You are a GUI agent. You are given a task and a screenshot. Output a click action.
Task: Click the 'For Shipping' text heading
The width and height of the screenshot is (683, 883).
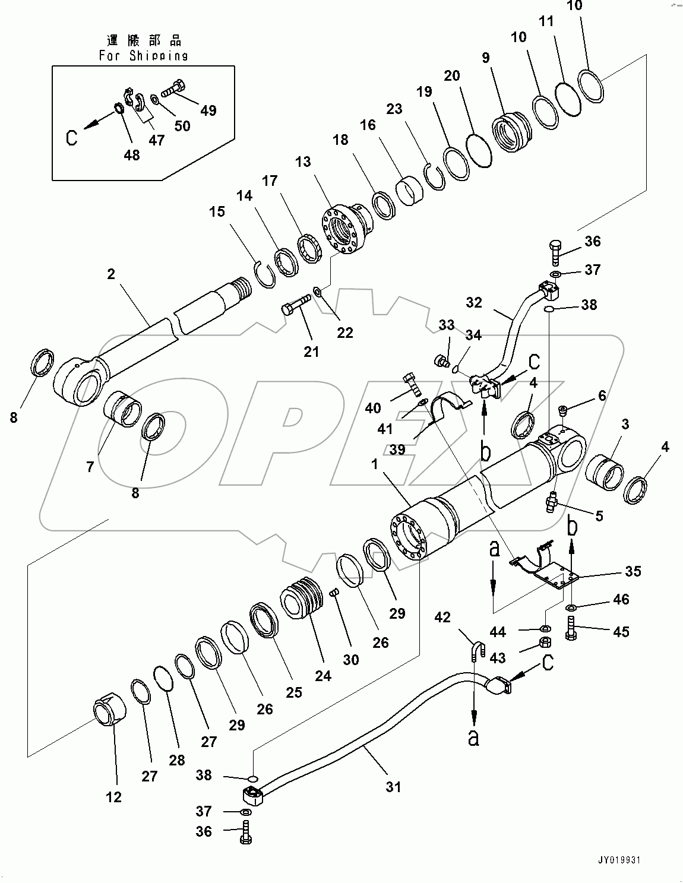click(143, 56)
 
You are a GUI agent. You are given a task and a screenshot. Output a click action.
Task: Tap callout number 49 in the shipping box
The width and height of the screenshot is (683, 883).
click(208, 110)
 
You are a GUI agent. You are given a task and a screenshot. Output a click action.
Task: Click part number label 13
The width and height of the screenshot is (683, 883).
click(303, 162)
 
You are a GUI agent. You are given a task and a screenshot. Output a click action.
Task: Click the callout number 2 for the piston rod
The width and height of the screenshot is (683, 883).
click(111, 274)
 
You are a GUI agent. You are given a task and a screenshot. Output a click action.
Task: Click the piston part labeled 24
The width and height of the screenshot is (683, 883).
click(301, 600)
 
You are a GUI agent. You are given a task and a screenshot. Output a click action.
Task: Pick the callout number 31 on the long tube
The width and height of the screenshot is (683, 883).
click(393, 787)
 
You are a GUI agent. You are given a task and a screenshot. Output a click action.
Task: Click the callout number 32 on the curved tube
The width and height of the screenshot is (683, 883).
click(474, 302)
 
